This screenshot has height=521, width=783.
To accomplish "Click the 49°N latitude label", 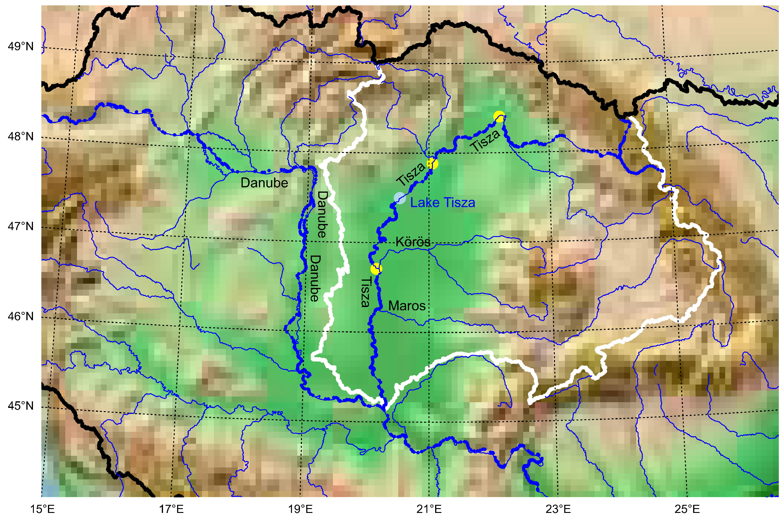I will click(x=21, y=46).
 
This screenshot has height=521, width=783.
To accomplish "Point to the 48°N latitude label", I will click(x=21, y=136).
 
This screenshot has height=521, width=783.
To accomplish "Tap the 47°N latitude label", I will click(x=21, y=226).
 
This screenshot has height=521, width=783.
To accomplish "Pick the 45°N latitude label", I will click(x=21, y=406).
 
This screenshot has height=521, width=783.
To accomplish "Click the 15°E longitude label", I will click(x=42, y=509).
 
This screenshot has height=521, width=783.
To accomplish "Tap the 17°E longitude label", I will click(x=171, y=509).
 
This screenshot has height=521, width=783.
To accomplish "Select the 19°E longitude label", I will click(x=300, y=509).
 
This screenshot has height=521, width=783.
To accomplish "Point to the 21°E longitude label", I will click(x=429, y=509).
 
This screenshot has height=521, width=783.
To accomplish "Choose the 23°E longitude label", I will click(x=558, y=509).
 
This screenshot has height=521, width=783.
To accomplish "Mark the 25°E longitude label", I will click(x=687, y=509).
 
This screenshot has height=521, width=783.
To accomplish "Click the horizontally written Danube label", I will click(x=264, y=183).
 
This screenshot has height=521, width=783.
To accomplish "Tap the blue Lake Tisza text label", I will click(x=442, y=203).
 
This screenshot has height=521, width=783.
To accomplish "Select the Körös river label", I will click(x=413, y=241).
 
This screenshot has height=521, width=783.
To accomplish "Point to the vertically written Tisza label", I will click(x=366, y=292).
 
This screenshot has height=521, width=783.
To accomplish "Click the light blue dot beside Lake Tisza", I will click(x=400, y=198).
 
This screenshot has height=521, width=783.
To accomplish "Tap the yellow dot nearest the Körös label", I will click(x=376, y=269).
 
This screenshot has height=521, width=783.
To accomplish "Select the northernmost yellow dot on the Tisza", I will click(x=499, y=117).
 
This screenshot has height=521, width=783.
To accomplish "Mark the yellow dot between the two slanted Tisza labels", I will click(x=432, y=163).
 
